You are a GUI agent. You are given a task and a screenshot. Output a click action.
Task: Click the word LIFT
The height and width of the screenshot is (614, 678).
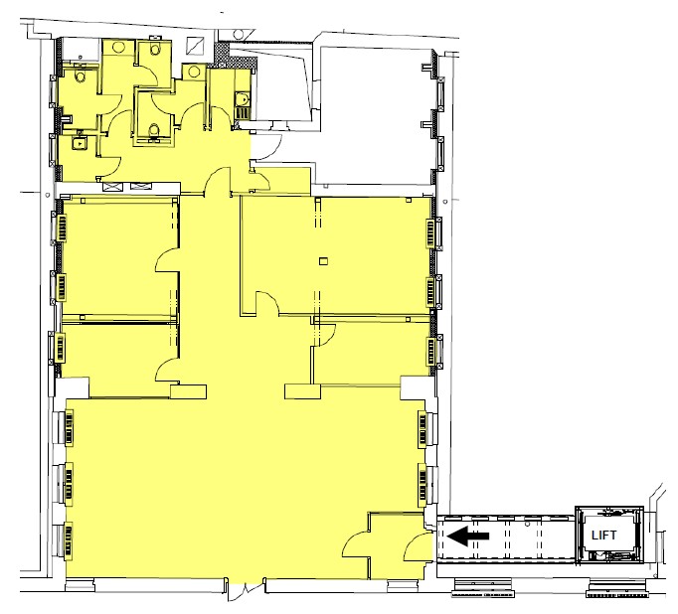pyautogui.click(x=603, y=535)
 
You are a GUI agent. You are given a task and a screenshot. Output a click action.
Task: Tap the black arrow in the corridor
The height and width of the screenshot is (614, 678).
pyautogui.click(x=468, y=536)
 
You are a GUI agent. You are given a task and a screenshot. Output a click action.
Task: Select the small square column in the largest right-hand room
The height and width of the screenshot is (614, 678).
pyautogui.click(x=323, y=261)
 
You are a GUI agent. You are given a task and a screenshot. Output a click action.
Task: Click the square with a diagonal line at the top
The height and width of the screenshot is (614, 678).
pyautogui.click(x=196, y=46)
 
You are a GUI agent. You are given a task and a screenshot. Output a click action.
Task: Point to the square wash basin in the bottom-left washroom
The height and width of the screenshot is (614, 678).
pyautogui.click(x=80, y=143)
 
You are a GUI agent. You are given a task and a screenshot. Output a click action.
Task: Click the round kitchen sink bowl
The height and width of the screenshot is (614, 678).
pyautogui.click(x=244, y=99)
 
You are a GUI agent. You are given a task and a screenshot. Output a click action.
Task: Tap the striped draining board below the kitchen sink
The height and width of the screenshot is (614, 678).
pyautogui.click(x=243, y=113)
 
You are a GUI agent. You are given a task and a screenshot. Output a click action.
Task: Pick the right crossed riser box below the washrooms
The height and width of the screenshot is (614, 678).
pyautogui.click(x=139, y=187)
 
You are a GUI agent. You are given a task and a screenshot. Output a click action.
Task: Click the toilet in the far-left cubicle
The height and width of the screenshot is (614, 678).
pyautogui.click(x=81, y=77)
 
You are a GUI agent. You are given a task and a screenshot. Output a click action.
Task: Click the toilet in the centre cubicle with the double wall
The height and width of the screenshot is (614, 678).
pyautogui.click(x=153, y=130)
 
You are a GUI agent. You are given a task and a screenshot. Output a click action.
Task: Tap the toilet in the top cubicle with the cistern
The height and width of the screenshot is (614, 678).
pyautogui.click(x=156, y=50)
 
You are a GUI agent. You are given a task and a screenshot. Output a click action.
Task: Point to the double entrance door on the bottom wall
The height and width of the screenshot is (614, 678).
pyautogui.click(x=246, y=589)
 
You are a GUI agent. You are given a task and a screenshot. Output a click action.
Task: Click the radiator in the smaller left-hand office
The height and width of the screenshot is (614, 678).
pyautogui.click(x=60, y=348)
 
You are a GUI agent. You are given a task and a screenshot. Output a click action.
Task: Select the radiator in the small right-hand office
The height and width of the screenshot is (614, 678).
pyautogui.click(x=430, y=350)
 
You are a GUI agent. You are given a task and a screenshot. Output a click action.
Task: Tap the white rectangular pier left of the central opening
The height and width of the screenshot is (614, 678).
pyautogui.click(x=188, y=391)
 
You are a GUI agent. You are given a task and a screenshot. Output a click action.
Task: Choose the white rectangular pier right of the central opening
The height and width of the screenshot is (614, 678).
pyautogui.click(x=302, y=391)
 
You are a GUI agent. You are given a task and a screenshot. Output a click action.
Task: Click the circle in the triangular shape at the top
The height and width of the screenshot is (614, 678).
pyautogui.click(x=238, y=34)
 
